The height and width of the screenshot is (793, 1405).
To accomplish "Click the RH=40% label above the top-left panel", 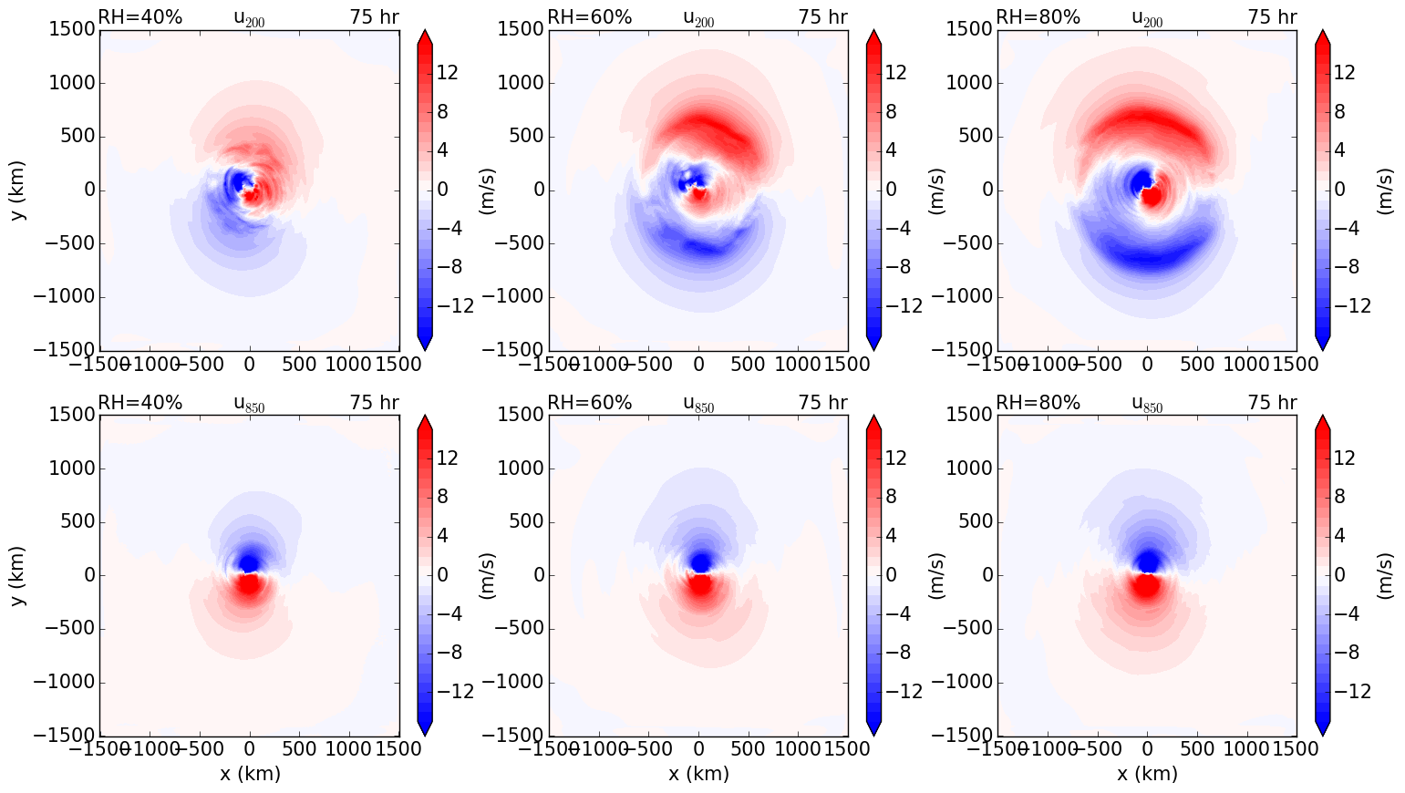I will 140,16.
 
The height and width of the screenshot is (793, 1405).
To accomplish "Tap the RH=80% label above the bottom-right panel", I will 1038,402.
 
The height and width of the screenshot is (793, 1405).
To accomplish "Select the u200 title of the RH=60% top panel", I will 698,17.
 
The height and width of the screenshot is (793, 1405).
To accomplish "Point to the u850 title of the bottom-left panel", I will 250,403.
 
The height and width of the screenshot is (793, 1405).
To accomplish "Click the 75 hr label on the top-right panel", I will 1272,16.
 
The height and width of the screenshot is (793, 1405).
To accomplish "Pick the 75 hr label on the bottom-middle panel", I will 823,402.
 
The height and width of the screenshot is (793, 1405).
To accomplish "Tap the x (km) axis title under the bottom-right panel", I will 1147,773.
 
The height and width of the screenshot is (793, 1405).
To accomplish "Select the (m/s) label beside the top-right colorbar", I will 1384,191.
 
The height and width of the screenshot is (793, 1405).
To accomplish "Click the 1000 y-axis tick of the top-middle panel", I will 522,83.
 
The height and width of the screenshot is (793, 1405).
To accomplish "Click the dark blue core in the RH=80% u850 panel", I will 1147,560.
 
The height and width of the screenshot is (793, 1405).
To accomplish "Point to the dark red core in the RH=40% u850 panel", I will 248,584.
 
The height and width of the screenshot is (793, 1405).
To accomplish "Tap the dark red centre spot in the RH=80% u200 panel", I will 1152,195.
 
